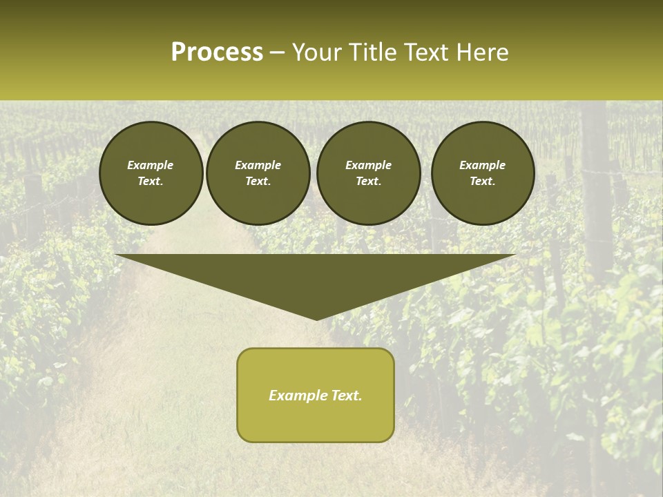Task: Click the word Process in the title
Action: [217, 52]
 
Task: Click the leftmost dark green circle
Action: [151, 173]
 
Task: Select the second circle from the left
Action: [258, 173]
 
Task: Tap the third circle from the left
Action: [368, 173]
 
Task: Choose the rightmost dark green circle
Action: [482, 173]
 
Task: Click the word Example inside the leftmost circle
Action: [151, 165]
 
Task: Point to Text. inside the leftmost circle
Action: [151, 182]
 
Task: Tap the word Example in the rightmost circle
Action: [482, 165]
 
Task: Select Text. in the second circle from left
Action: [258, 182]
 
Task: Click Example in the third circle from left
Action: [368, 165]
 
